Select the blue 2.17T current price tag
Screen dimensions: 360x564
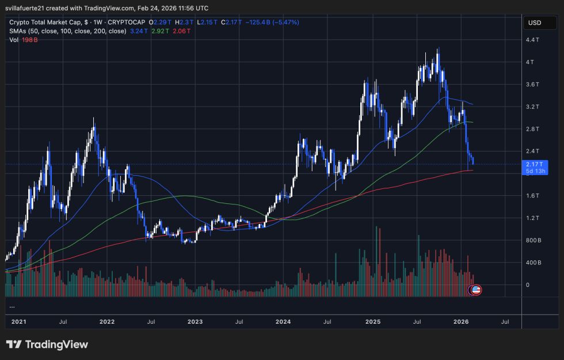pos(533,164)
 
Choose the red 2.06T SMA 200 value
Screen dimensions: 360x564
pos(181,31)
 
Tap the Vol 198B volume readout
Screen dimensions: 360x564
pos(24,40)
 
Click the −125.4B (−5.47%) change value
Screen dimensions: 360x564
pos(272,22)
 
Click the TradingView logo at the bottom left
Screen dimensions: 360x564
pos(47,344)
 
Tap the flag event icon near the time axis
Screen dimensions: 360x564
pos(475,290)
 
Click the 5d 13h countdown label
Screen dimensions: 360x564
pos(533,170)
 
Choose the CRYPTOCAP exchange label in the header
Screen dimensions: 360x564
pos(124,22)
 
